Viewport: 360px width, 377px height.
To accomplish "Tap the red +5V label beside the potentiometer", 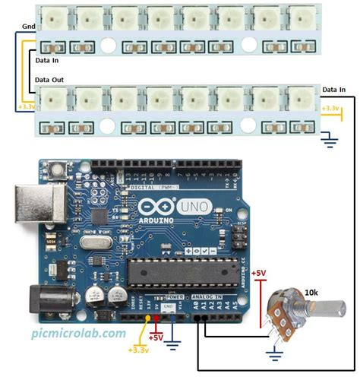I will pos(258,272).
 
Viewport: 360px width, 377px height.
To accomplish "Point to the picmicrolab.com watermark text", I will pos(79,333).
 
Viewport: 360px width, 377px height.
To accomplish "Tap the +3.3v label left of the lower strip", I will pos(24,107).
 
